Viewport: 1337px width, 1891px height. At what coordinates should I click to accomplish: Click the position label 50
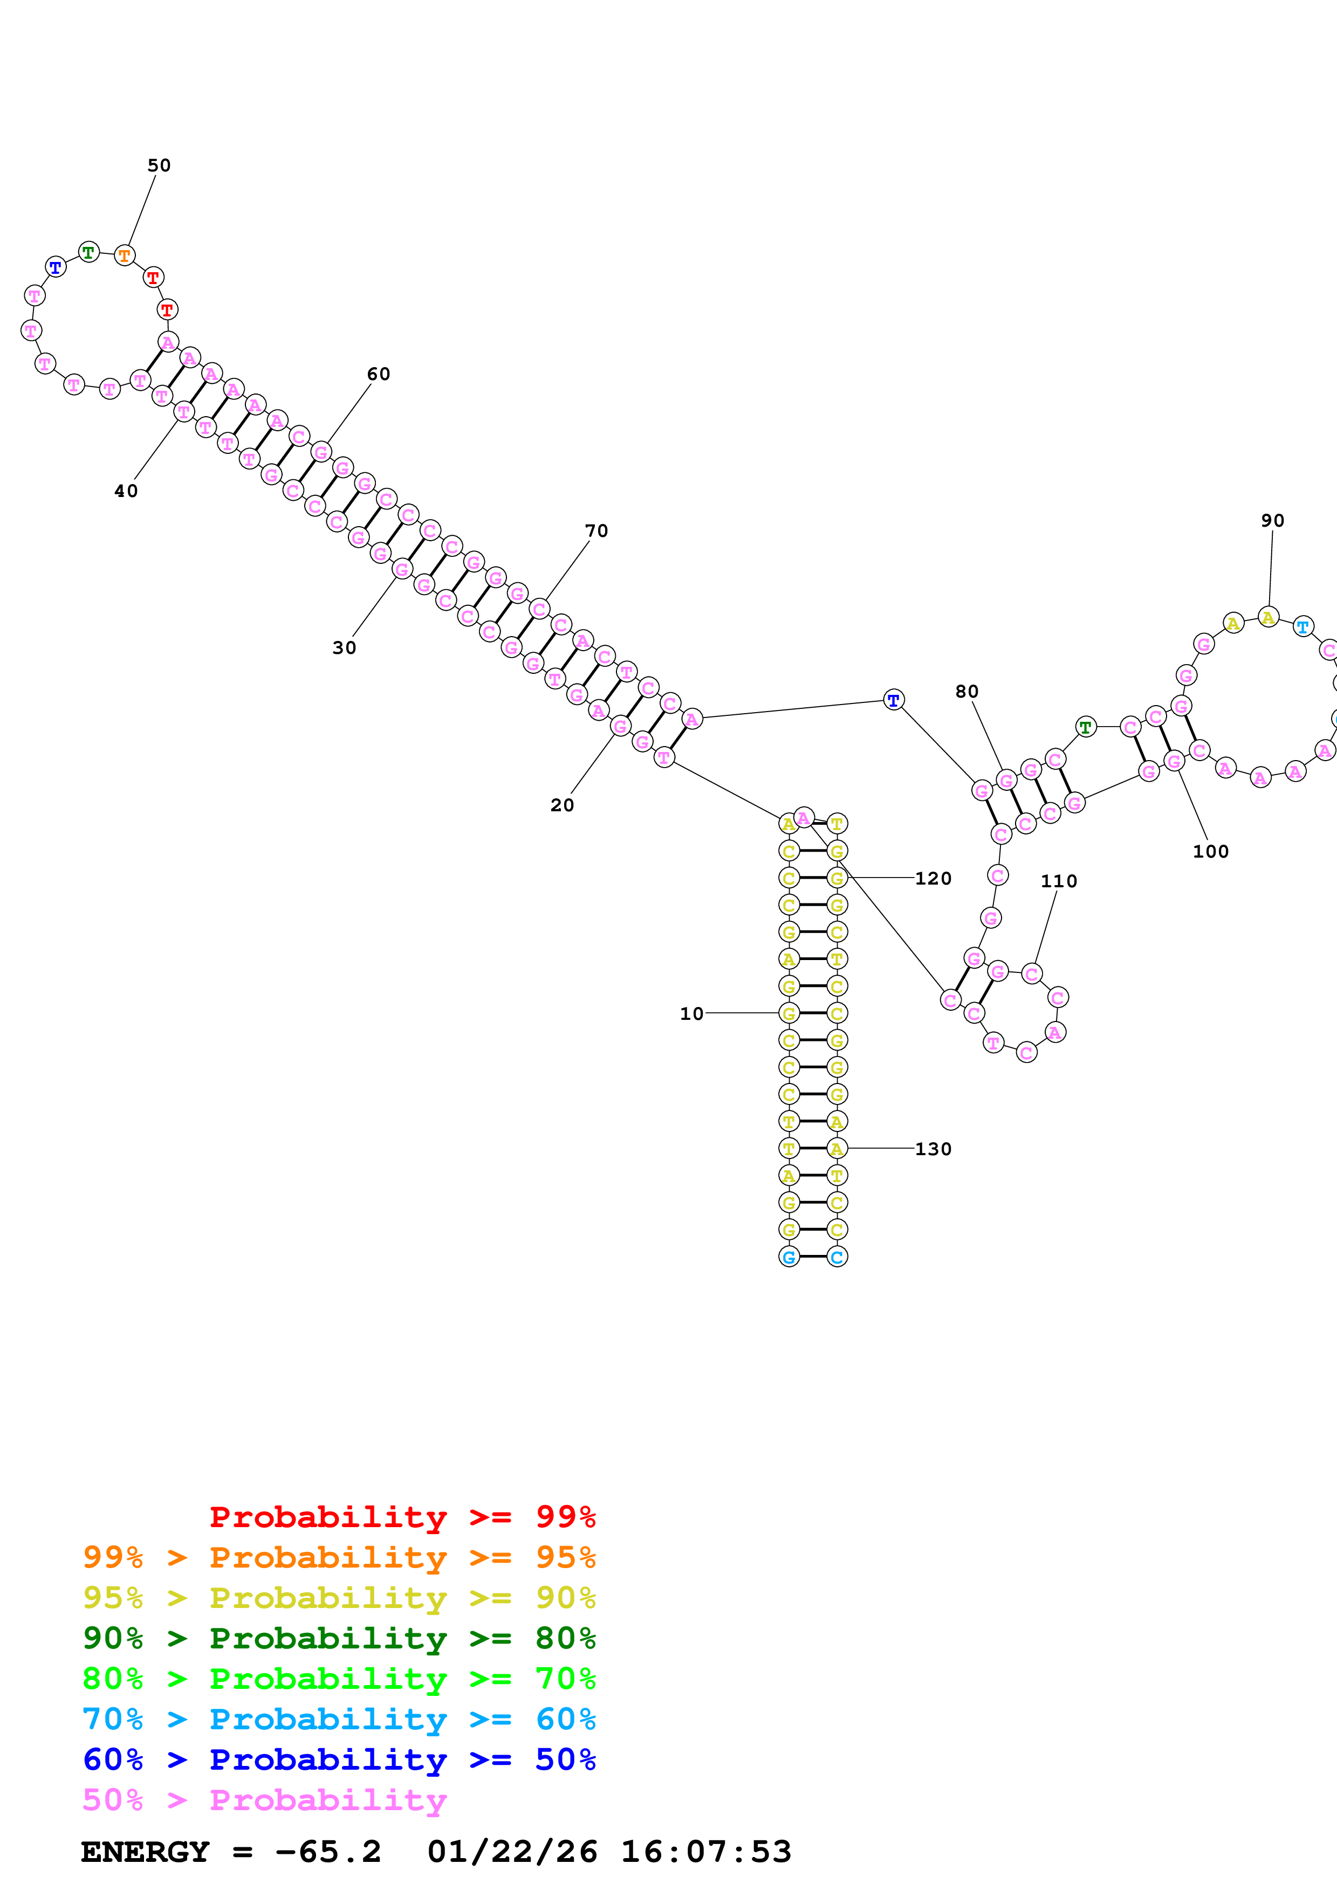[x=159, y=165]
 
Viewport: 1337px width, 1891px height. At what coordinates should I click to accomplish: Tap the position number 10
[x=691, y=1014]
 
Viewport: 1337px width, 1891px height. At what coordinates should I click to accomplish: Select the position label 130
[x=934, y=1149]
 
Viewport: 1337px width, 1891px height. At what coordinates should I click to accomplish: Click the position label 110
[x=1059, y=881]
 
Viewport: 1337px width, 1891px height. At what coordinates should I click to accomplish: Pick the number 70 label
[x=596, y=531]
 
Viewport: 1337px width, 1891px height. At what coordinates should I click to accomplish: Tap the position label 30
[x=344, y=648]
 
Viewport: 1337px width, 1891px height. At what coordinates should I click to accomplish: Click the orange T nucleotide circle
[x=125, y=256]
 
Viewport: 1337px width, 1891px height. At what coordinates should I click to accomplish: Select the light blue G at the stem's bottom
[x=789, y=1257]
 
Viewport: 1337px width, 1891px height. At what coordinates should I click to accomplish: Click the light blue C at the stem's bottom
[x=837, y=1257]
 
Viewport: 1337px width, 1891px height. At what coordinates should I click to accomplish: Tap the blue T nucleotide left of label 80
[x=893, y=700]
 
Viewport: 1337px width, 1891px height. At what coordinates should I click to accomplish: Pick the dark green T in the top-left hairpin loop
[x=89, y=252]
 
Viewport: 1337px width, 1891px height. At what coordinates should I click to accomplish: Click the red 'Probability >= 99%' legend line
[x=402, y=1516]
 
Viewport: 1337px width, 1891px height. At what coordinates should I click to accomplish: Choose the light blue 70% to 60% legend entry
[x=339, y=1719]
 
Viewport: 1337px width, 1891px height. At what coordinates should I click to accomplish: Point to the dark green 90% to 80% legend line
[x=339, y=1638]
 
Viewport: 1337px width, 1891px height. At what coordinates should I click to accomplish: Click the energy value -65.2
[x=328, y=1852]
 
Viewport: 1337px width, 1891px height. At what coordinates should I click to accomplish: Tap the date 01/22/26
[x=512, y=1852]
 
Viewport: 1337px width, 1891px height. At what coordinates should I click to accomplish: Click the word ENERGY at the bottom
[x=145, y=1852]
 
